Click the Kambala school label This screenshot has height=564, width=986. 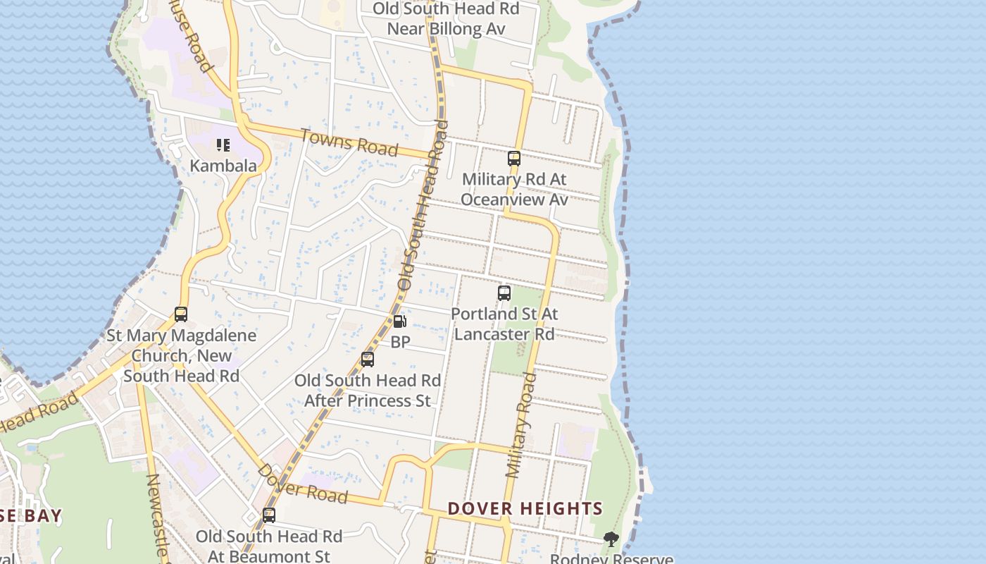tap(223, 166)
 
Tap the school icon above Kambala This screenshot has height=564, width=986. tap(223, 146)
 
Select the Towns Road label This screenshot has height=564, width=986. tap(349, 142)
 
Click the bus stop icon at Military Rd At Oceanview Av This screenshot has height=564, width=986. tap(514, 159)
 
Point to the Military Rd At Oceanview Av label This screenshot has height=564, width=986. tap(514, 190)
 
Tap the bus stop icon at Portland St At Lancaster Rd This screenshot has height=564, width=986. tap(504, 293)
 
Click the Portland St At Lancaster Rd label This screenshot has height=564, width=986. tap(504, 324)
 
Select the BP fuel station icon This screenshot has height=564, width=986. tap(399, 321)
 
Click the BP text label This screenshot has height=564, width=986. tap(400, 342)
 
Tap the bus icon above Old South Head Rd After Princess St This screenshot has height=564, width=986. tap(368, 360)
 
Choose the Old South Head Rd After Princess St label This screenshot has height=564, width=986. tap(368, 391)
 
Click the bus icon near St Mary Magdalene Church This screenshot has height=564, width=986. tap(181, 314)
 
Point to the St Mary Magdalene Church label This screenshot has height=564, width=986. tap(182, 355)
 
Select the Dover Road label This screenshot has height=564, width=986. tap(302, 484)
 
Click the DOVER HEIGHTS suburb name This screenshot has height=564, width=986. tap(525, 508)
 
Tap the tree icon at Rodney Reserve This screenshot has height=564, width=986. tap(611, 540)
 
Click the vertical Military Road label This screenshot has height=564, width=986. tap(521, 425)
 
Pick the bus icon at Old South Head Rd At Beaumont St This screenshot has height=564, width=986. tap(269, 515)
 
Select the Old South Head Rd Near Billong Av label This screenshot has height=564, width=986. tap(446, 19)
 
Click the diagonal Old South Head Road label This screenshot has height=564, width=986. tap(423, 204)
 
